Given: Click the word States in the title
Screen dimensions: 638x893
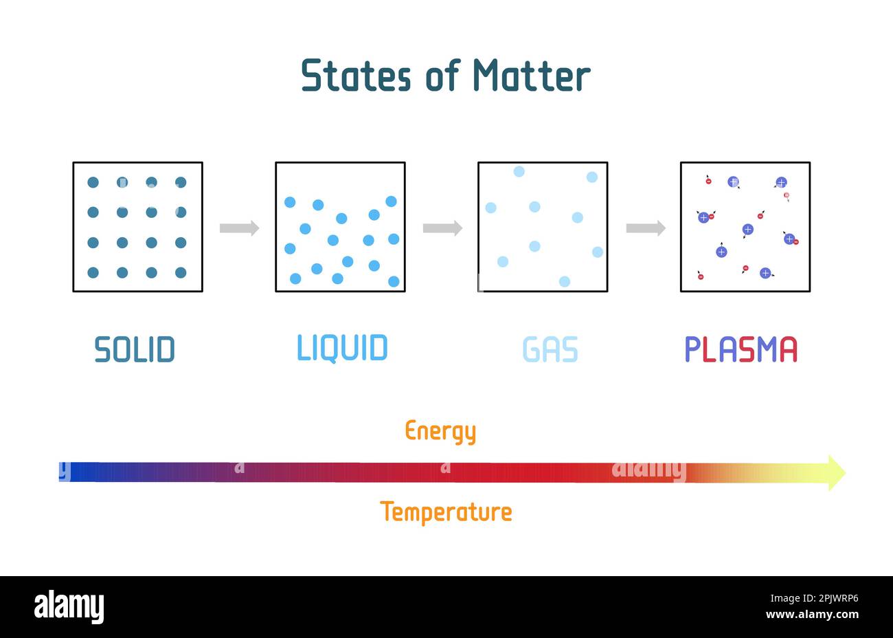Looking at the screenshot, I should tap(356, 75).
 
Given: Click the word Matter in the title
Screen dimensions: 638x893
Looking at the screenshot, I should tap(531, 75).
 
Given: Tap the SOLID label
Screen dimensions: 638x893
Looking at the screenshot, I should tap(135, 349).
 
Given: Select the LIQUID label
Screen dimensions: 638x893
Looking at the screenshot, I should tap(342, 348).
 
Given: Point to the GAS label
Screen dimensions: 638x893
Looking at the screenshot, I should tap(550, 349).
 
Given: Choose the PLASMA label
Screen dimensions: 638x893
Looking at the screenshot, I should tap(741, 349).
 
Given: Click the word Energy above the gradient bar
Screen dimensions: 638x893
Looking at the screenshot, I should tap(440, 431).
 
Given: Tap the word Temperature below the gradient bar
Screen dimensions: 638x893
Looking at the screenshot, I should tap(446, 512).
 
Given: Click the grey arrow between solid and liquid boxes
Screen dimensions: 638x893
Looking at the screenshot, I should tap(239, 228).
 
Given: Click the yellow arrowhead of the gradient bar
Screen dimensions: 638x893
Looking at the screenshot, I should tap(835, 472).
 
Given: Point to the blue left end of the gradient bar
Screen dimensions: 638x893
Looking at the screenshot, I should tap(72, 472).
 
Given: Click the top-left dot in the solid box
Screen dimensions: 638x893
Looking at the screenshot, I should tap(93, 182).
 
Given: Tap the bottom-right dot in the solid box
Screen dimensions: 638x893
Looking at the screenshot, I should tap(181, 273).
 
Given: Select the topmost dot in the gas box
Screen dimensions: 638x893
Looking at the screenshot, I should tap(519, 171).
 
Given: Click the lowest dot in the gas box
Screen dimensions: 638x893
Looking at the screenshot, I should tap(565, 281).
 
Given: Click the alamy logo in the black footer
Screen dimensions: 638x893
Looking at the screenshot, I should tap(69, 607).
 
